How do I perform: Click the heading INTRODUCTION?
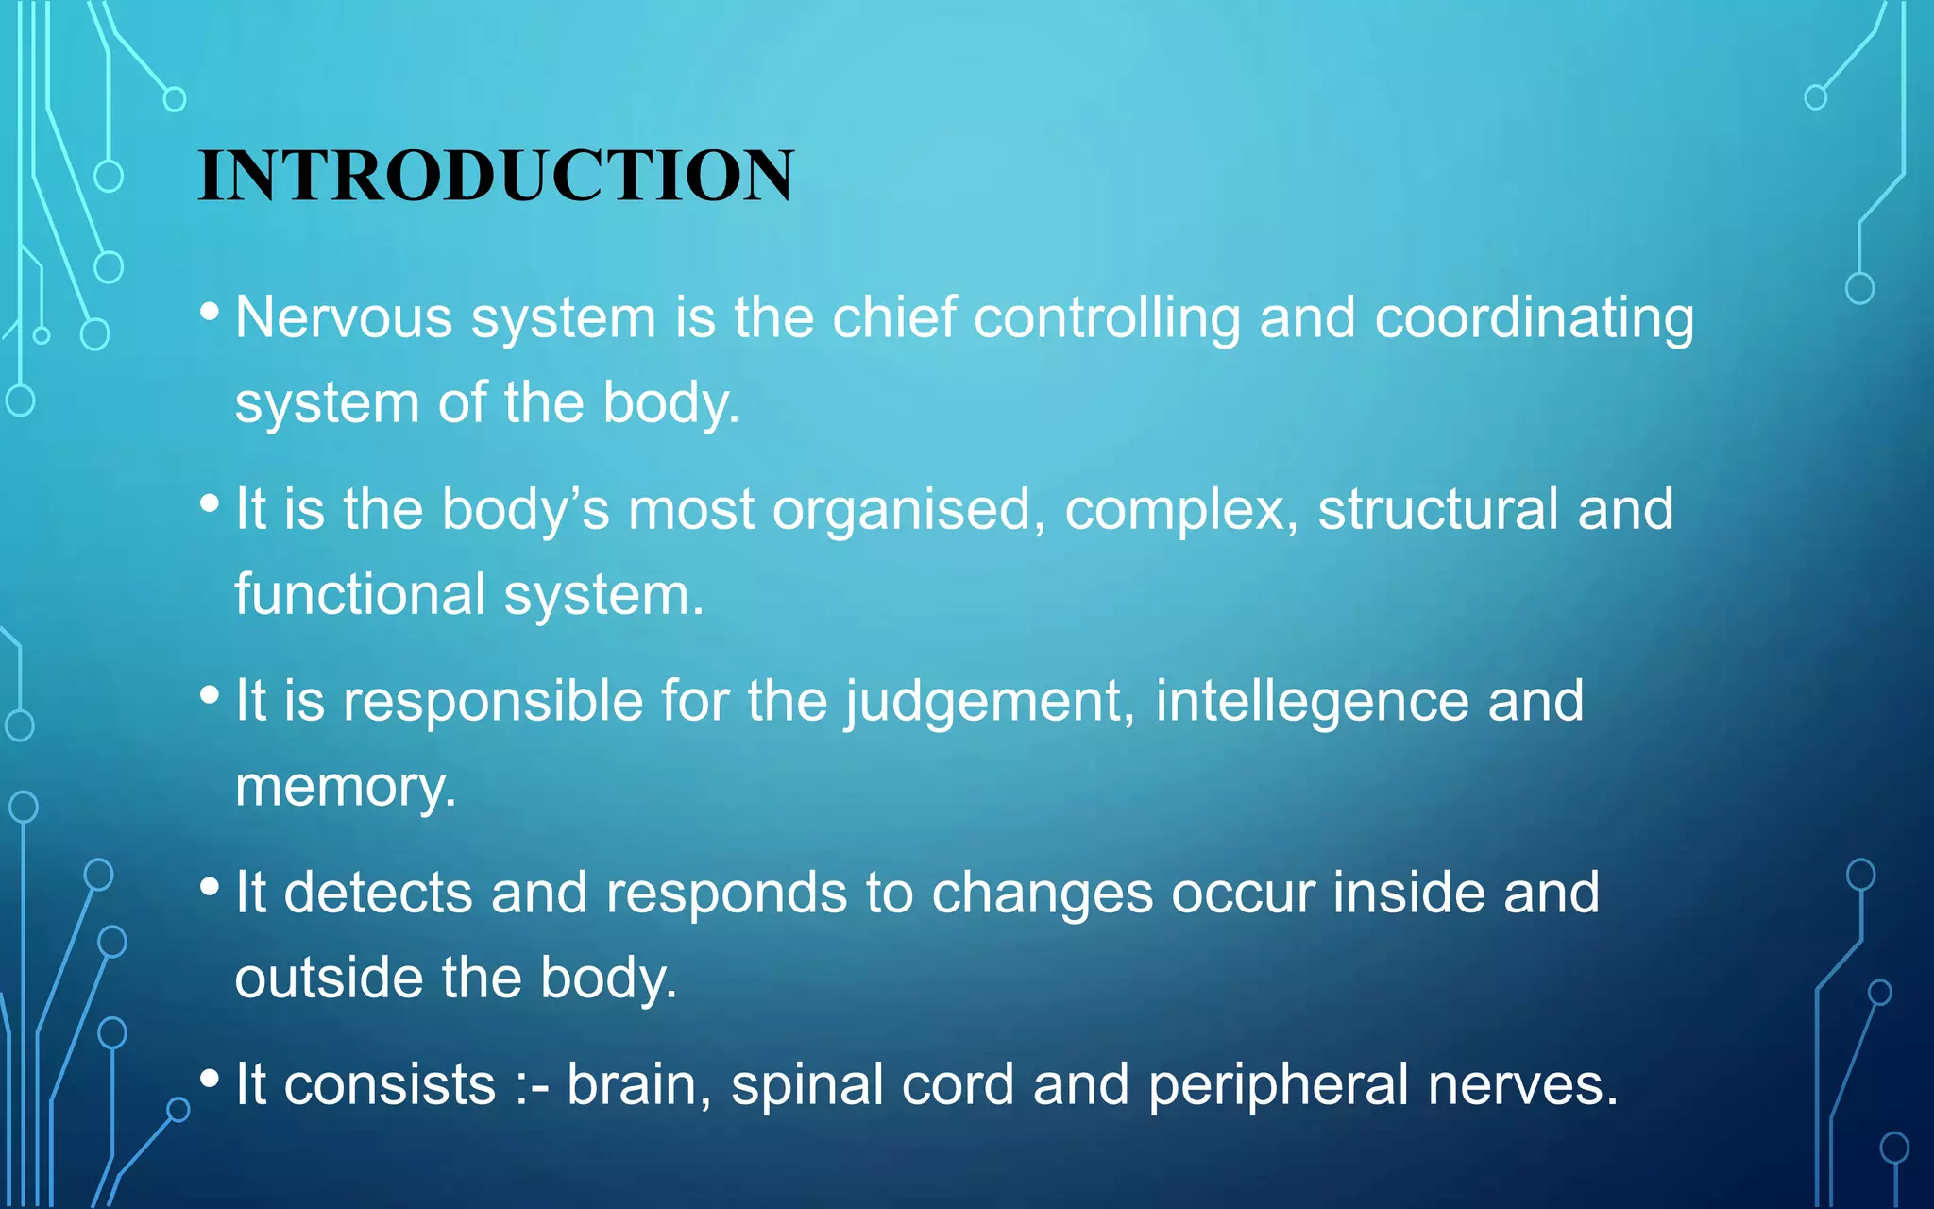[x=496, y=176]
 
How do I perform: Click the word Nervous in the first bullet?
[x=344, y=317]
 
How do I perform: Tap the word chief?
[x=894, y=317]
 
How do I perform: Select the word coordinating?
[x=1534, y=319]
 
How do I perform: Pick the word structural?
[x=1437, y=509]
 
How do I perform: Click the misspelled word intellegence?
[x=1312, y=703]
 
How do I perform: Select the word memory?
[x=345, y=788]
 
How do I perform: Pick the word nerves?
[x=1522, y=1084]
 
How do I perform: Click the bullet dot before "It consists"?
[x=210, y=1078]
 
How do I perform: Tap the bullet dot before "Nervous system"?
[x=210, y=311]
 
